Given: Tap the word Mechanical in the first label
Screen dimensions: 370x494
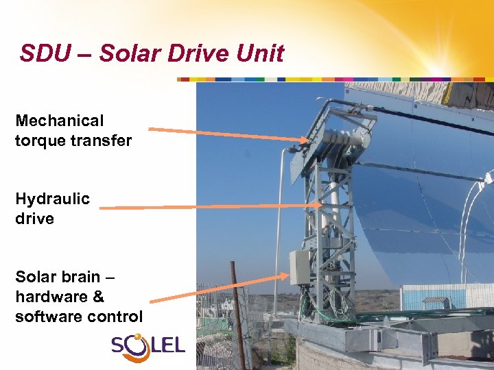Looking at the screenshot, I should (x=60, y=121).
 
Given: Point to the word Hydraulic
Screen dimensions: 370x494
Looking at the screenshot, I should (x=53, y=199).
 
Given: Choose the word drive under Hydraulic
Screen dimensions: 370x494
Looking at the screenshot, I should (x=34, y=219).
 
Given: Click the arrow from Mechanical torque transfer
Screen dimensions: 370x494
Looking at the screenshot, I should (x=226, y=134).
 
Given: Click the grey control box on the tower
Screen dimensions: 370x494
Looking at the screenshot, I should (x=300, y=267).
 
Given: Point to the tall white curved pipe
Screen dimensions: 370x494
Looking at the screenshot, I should (x=280, y=219).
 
